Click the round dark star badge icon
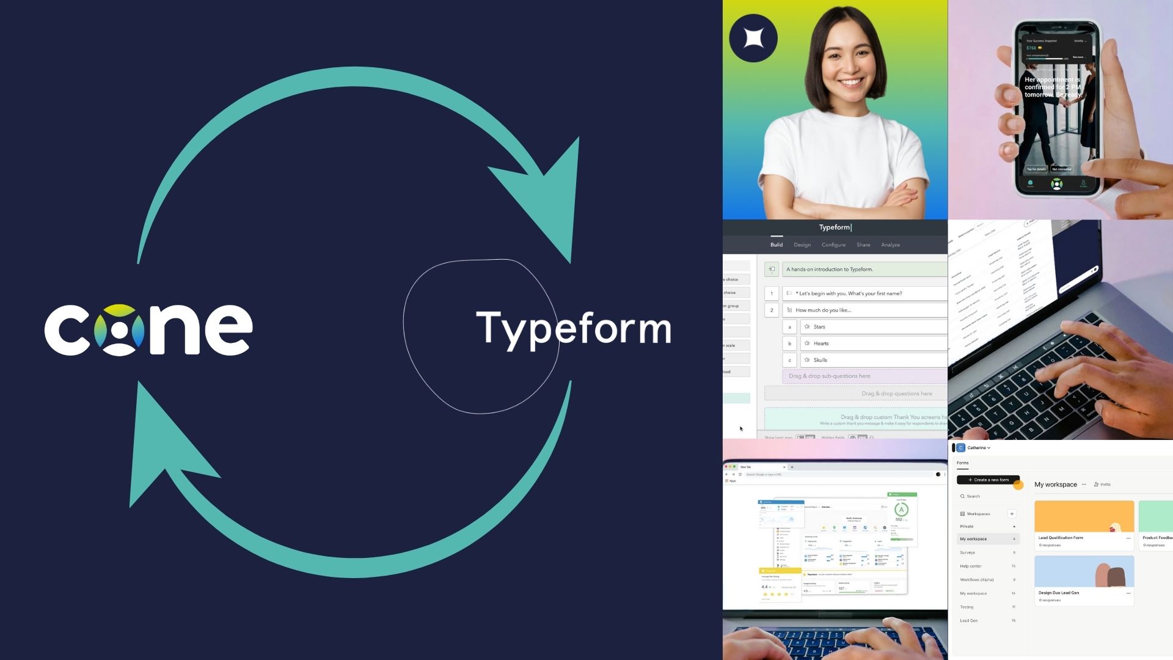tap(753, 38)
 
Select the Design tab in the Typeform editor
tap(802, 245)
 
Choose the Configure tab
tap(833, 245)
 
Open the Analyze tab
tap(890, 245)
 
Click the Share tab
tap(863, 245)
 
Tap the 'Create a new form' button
tap(988, 480)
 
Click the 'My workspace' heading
tap(1056, 485)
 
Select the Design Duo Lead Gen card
tap(1084, 579)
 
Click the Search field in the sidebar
tap(974, 496)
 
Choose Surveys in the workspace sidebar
tap(968, 552)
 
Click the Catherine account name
tap(977, 448)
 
